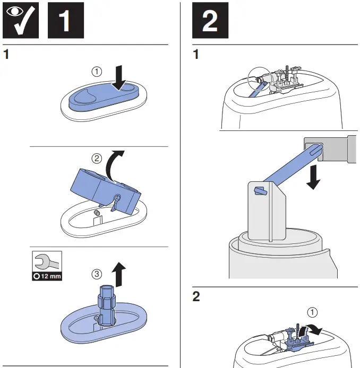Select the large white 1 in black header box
tap(65, 21)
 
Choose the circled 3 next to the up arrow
tap(96, 274)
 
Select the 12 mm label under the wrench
tap(47, 277)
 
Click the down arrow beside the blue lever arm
tap(314, 177)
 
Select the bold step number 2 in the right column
tap(196, 297)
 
